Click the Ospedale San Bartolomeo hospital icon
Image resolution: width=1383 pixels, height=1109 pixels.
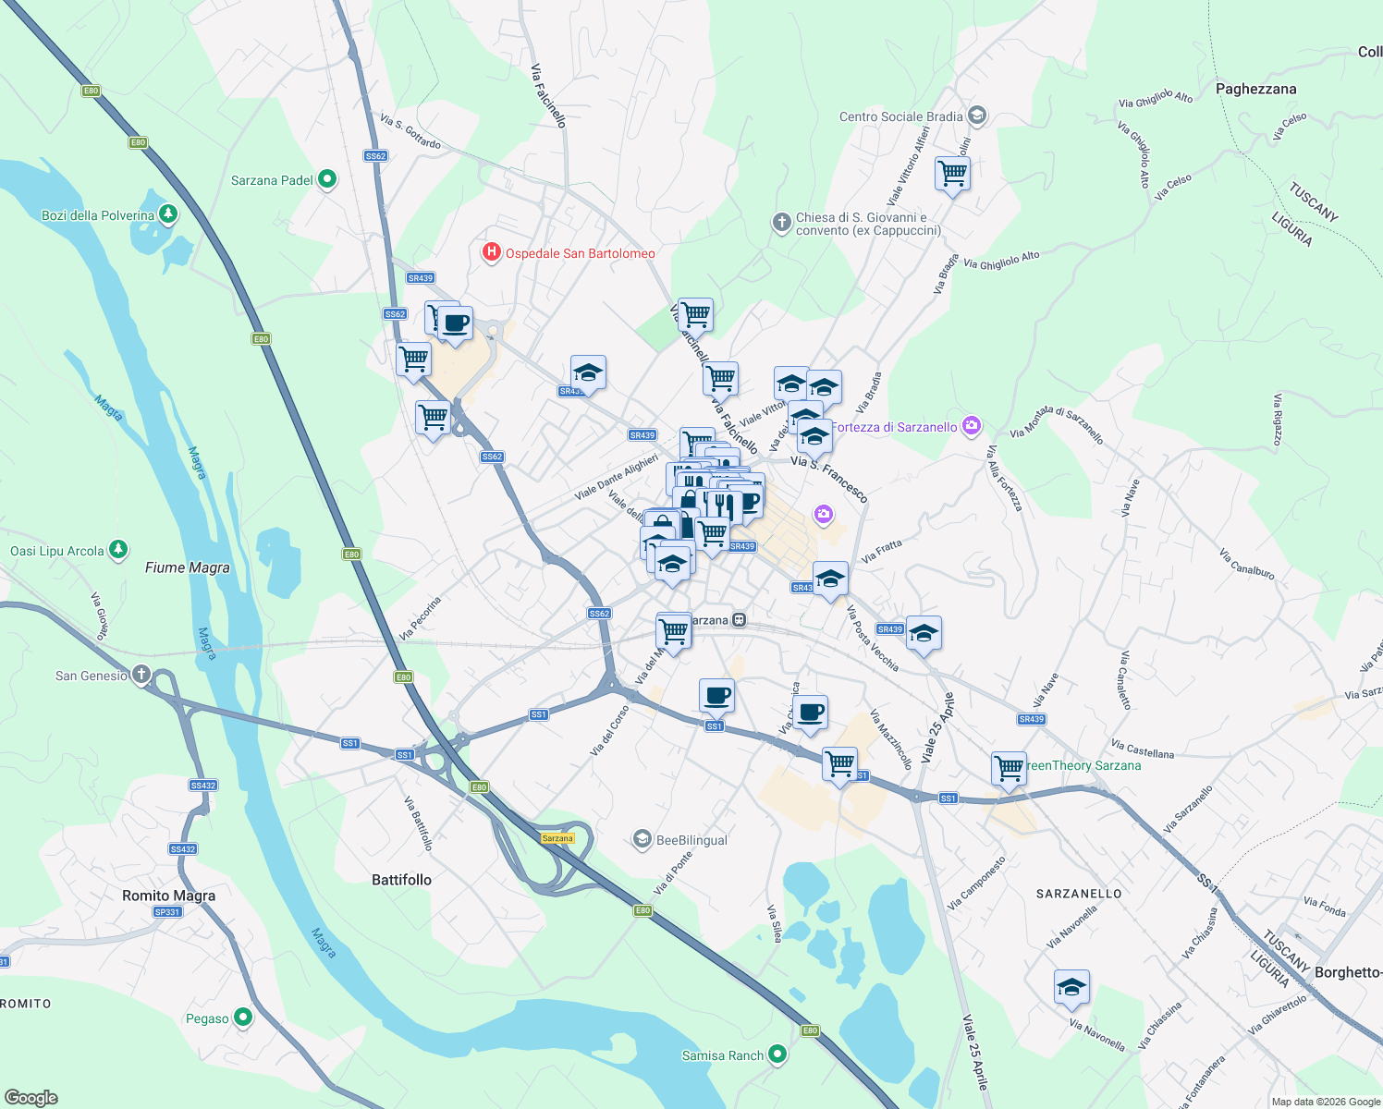point(491,252)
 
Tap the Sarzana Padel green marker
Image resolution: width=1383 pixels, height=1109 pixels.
point(326,179)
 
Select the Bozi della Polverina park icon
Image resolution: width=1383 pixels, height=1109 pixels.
point(167,214)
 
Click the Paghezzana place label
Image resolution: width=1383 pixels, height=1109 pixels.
point(1255,89)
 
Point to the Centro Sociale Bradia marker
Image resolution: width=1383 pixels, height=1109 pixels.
point(978,116)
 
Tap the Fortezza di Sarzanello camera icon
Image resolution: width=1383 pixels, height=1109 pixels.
point(971,426)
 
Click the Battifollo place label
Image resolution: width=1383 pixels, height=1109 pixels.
point(401,880)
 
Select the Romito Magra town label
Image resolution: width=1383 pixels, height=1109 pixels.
point(169,896)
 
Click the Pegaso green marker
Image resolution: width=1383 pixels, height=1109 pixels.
point(243,1018)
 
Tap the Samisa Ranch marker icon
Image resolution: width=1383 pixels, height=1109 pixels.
point(777,1054)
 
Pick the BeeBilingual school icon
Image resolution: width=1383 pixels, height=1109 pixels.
point(642,839)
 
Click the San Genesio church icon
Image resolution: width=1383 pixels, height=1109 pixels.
point(141,675)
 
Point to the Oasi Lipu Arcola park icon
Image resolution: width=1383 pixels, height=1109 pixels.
point(117,550)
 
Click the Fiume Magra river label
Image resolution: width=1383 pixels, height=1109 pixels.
point(188,567)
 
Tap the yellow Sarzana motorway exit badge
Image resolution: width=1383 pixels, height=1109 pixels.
point(557,838)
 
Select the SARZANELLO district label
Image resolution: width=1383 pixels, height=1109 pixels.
point(1079,894)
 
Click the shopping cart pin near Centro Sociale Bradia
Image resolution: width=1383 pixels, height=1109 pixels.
point(951,173)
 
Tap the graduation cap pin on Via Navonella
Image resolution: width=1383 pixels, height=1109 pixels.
point(1071,987)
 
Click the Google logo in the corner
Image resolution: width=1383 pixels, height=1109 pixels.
point(31,1098)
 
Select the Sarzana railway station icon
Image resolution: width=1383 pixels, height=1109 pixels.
point(739,620)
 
